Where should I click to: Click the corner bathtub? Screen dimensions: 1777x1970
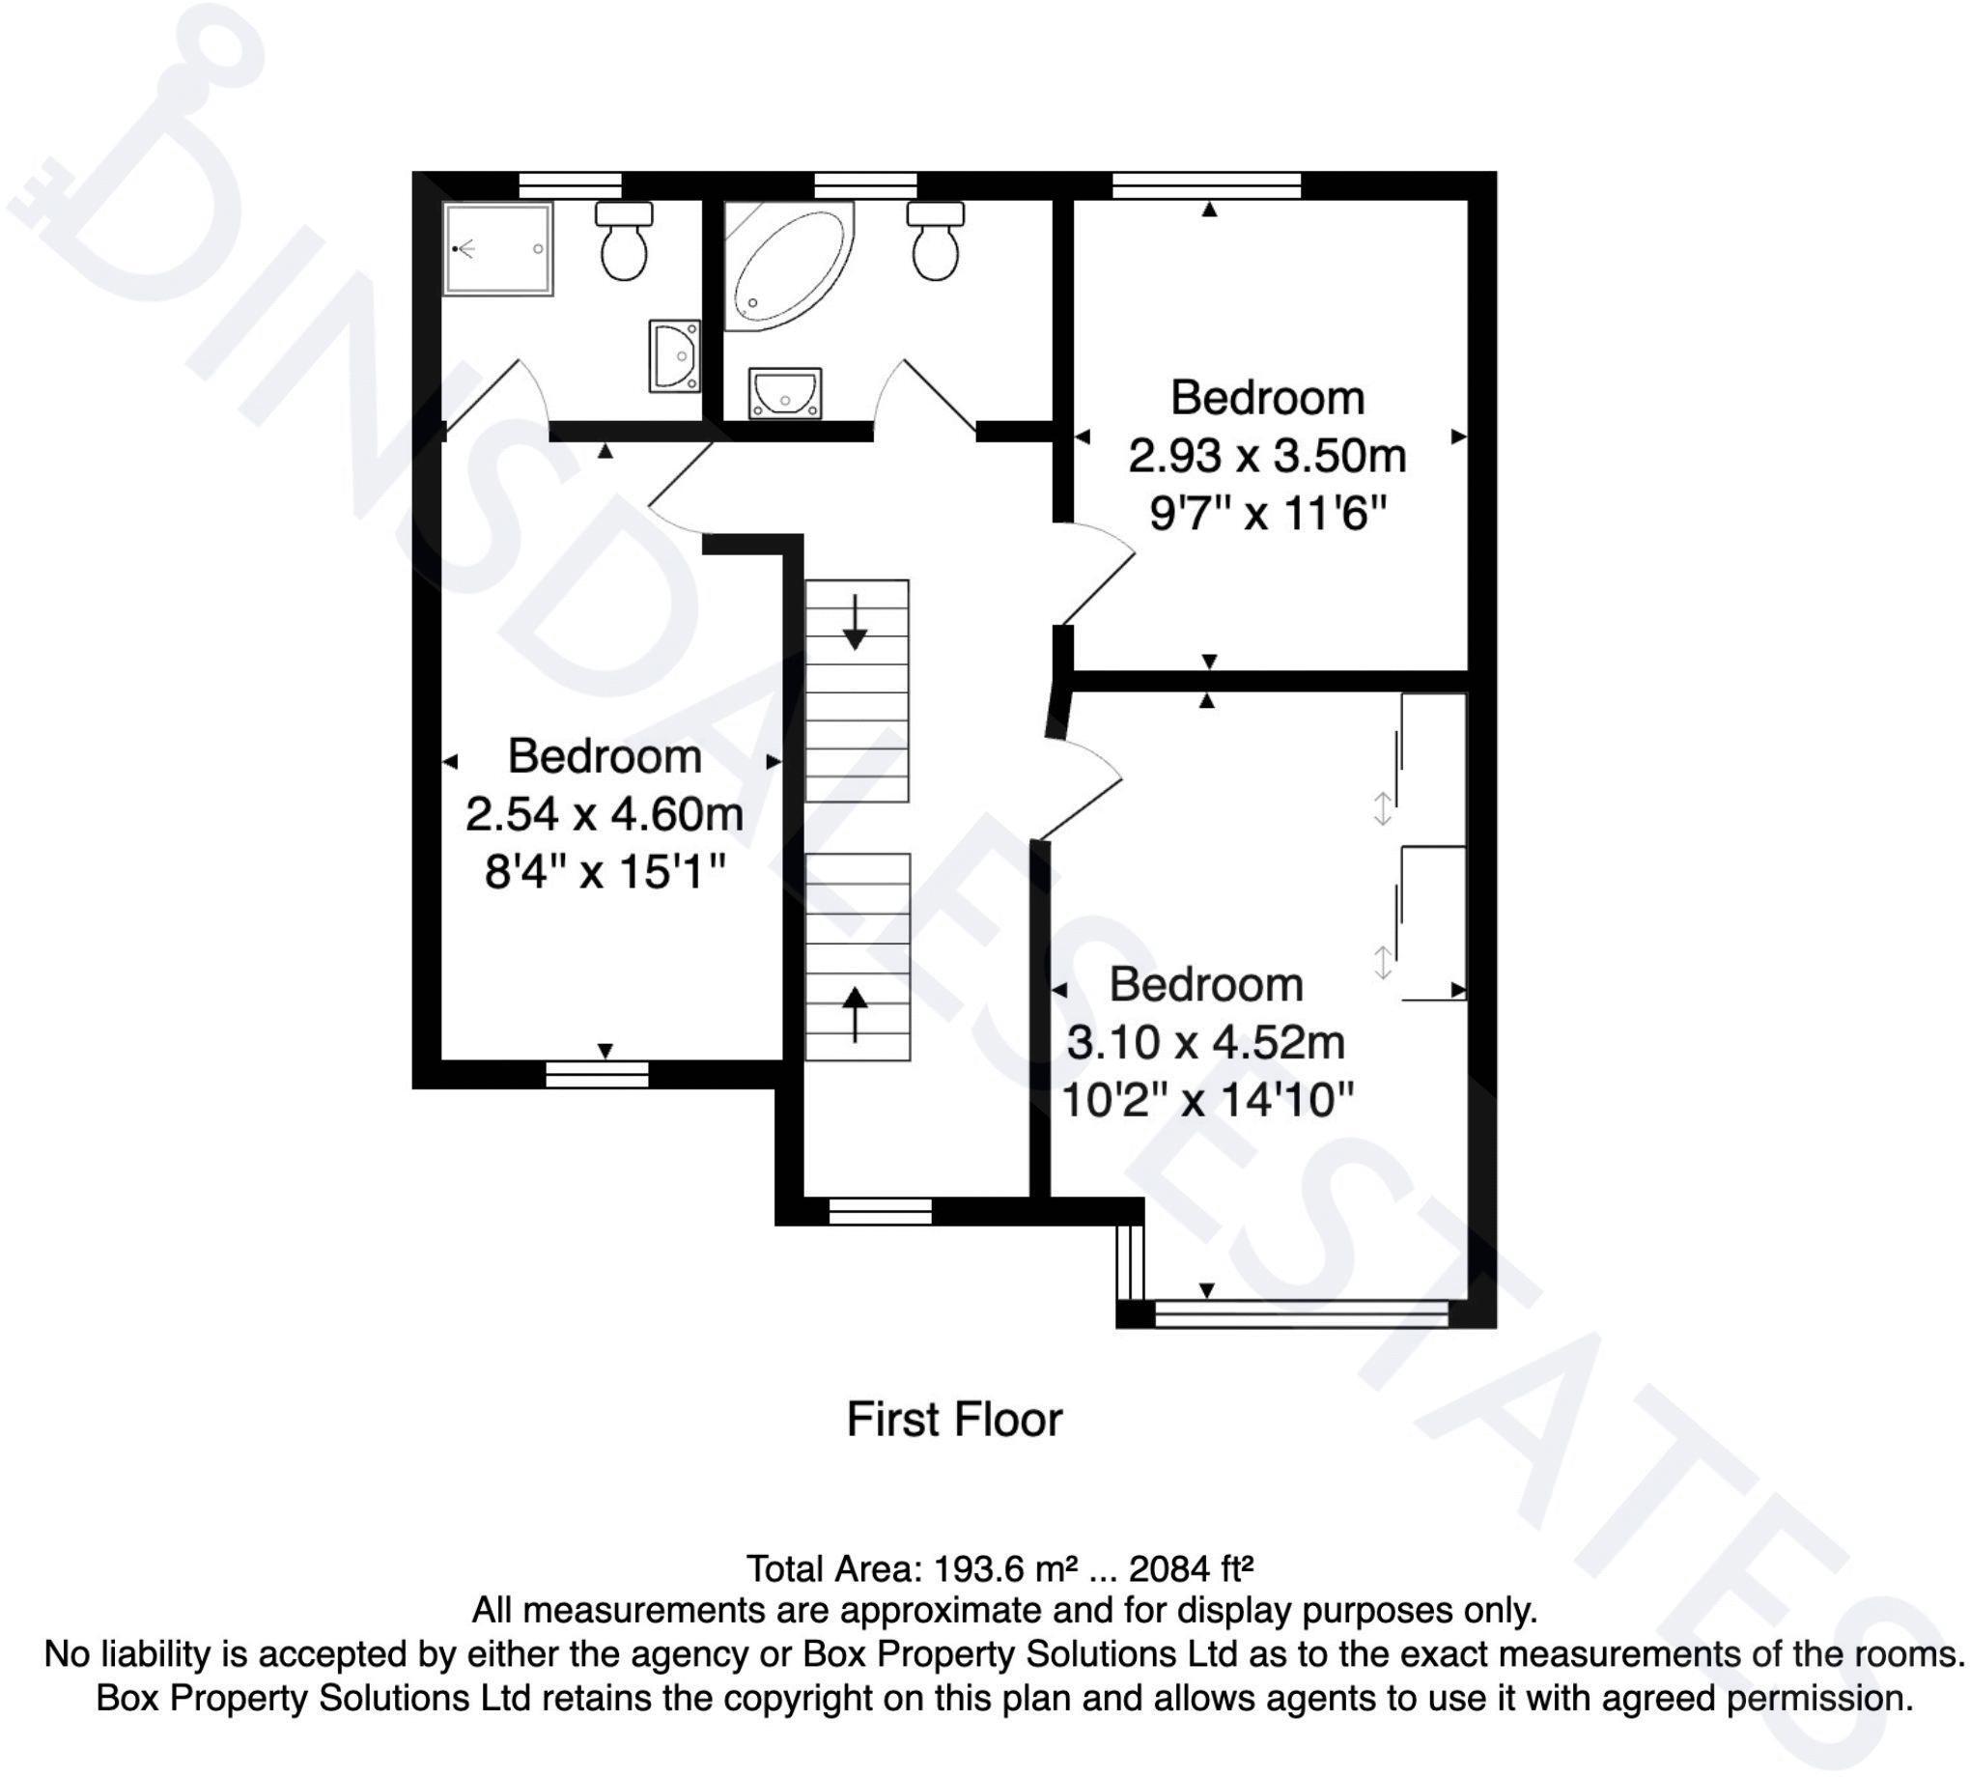(x=786, y=264)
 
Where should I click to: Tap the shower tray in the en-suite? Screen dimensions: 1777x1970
(x=498, y=249)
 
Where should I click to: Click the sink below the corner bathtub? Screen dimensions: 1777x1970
(x=785, y=392)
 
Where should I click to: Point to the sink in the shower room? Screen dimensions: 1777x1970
(x=675, y=356)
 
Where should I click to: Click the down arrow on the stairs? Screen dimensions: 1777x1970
(x=856, y=622)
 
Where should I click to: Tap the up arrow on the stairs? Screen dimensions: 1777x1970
(x=856, y=1013)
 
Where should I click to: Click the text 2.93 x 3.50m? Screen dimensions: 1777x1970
(x=1266, y=456)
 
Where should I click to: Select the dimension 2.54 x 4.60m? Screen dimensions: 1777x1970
(x=605, y=813)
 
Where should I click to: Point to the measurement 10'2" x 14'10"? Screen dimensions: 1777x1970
(x=1206, y=1100)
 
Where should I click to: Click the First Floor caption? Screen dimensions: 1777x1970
(x=954, y=1420)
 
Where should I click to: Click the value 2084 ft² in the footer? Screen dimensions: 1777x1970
(x=1190, y=1569)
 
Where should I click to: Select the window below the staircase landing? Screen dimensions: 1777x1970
(x=880, y=1211)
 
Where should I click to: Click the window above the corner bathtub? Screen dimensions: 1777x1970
(x=865, y=184)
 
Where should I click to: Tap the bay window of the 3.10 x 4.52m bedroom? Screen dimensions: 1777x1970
(x=1301, y=1313)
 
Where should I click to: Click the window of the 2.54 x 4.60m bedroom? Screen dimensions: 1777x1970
(x=597, y=1074)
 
